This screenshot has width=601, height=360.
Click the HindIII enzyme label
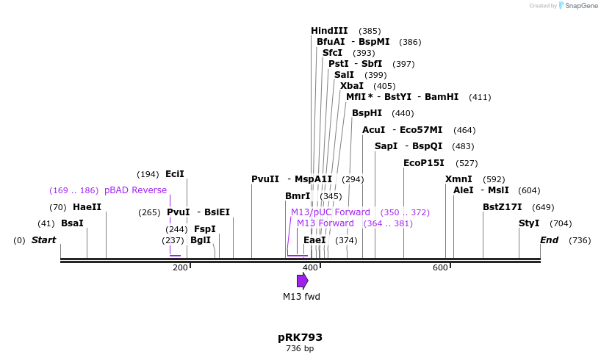click(329, 31)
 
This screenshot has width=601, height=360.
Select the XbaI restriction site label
click(351, 86)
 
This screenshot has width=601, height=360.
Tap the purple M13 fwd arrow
click(302, 281)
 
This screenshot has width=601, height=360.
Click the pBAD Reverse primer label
click(135, 190)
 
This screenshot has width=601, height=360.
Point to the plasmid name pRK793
click(300, 337)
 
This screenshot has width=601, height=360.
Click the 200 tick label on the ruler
click(180, 267)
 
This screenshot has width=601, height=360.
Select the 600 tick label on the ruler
click(440, 267)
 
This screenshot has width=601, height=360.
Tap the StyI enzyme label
click(528, 223)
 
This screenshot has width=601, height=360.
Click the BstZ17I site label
click(502, 207)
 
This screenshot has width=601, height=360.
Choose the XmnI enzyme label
click(458, 179)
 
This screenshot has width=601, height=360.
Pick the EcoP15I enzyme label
click(423, 163)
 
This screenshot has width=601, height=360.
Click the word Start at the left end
click(43, 240)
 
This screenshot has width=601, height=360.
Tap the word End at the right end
click(549, 240)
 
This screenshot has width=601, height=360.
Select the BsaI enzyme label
click(72, 223)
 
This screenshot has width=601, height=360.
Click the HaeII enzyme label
click(87, 207)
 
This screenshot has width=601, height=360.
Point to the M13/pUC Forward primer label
click(331, 212)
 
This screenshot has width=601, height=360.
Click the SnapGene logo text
click(580, 6)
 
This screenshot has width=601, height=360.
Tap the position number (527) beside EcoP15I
click(467, 163)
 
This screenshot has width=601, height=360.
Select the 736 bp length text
click(300, 348)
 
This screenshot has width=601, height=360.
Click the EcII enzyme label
click(175, 174)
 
